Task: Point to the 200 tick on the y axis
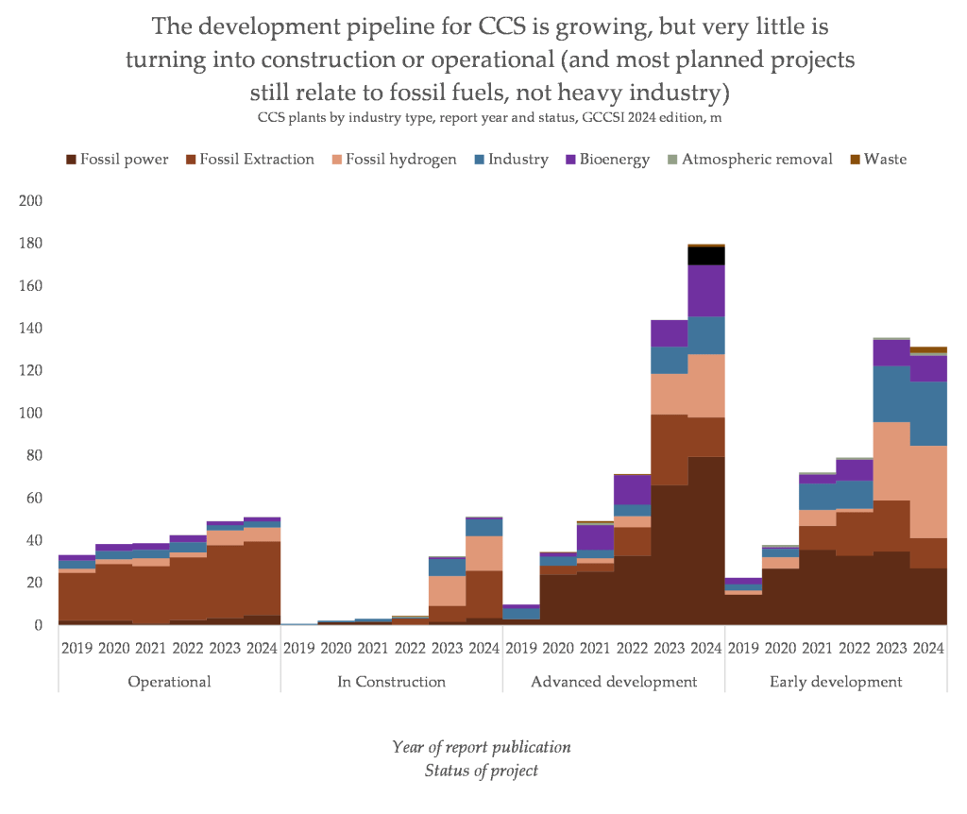(x=31, y=201)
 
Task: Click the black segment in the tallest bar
(x=706, y=255)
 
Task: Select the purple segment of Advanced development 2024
(x=706, y=291)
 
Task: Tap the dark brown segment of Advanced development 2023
(x=670, y=554)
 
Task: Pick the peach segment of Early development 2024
(x=929, y=491)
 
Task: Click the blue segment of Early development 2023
(x=892, y=394)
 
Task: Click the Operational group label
(x=169, y=682)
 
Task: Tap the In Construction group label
(x=392, y=682)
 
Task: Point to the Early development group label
(x=836, y=682)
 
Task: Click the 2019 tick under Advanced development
(x=521, y=649)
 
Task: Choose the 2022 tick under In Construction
(x=410, y=649)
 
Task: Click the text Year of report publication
(x=482, y=747)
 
